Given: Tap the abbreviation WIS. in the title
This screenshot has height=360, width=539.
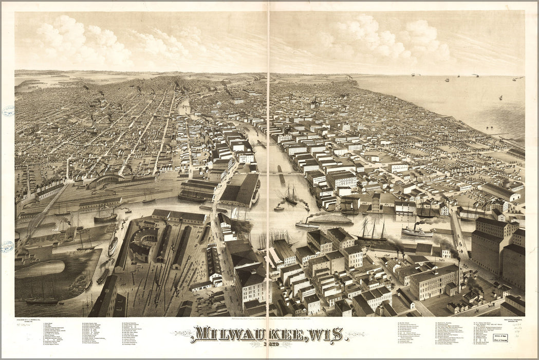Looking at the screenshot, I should click(323, 334).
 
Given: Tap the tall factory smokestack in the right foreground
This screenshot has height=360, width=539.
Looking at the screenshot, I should click(459, 275).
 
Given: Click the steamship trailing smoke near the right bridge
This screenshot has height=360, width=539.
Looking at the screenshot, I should click(416, 231).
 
